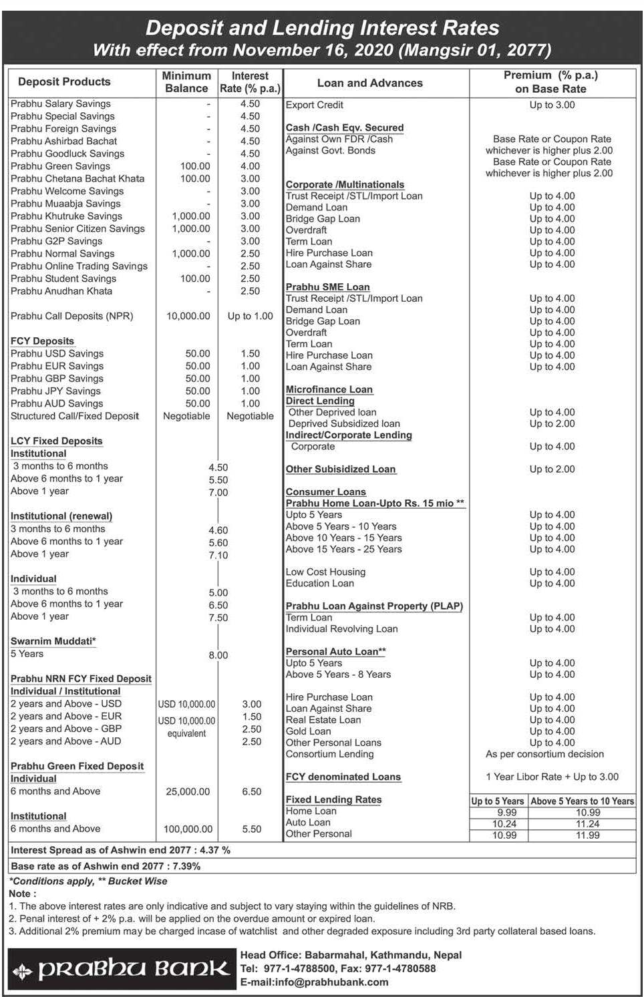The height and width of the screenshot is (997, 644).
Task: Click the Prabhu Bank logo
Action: (122, 969)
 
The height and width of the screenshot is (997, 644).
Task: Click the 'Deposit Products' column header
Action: (64, 81)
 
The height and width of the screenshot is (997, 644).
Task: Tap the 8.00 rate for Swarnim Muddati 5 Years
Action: (218, 655)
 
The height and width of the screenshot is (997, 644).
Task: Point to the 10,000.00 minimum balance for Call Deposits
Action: (188, 316)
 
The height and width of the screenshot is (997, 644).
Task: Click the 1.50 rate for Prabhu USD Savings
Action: (250, 353)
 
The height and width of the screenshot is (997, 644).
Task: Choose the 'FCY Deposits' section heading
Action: (42, 341)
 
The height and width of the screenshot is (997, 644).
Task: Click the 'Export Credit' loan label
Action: (315, 105)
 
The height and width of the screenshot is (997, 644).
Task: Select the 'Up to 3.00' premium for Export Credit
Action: (552, 105)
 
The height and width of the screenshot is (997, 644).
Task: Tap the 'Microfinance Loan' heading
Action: (329, 389)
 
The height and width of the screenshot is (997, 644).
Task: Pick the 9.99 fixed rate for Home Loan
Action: (507, 812)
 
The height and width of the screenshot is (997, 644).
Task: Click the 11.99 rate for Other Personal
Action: (588, 835)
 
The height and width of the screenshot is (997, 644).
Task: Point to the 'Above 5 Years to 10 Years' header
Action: (582, 801)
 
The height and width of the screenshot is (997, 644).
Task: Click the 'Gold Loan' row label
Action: (309, 731)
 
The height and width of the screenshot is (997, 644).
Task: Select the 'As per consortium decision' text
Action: (544, 754)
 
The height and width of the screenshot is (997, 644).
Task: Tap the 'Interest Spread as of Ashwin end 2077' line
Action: (121, 850)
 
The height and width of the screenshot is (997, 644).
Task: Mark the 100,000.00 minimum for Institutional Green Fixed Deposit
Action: (188, 829)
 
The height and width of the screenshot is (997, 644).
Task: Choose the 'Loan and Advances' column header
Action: (369, 83)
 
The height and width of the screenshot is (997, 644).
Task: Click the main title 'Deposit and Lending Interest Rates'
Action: (322, 28)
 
